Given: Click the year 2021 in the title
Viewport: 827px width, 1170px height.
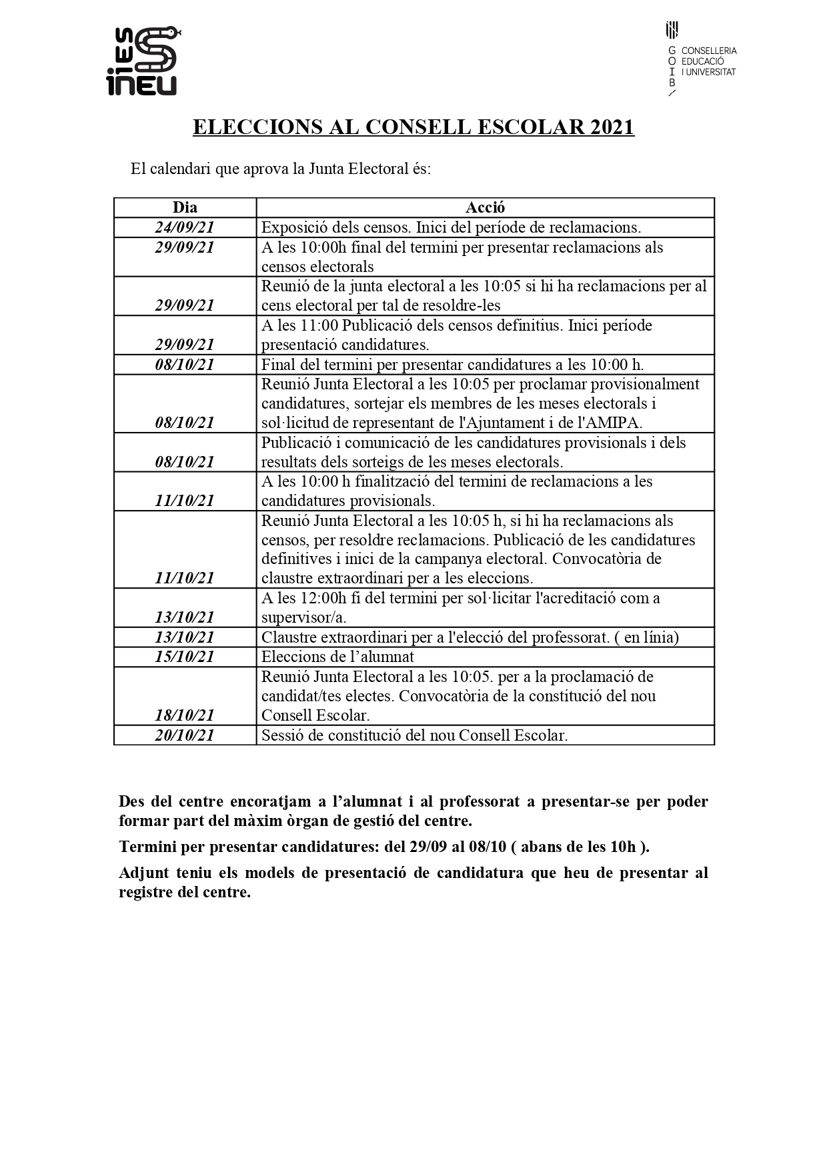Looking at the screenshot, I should coord(612,127).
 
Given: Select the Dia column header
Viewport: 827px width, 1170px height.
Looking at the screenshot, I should coord(185,207).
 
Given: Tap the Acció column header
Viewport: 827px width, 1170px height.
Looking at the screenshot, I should coord(485,207).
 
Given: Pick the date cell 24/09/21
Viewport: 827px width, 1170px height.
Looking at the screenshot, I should coord(185,227).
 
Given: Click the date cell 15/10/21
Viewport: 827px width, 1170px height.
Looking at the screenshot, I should coord(185,657).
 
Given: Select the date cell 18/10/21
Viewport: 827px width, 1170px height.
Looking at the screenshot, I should coord(185,715).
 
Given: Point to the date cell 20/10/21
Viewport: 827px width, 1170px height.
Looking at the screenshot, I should coord(185,735).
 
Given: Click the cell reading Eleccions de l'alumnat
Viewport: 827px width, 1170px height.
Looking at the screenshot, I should coord(337,657).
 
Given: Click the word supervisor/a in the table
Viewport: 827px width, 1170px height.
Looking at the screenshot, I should coord(303,617).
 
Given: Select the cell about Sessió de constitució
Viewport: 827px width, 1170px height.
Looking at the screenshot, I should coord(414,735).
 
